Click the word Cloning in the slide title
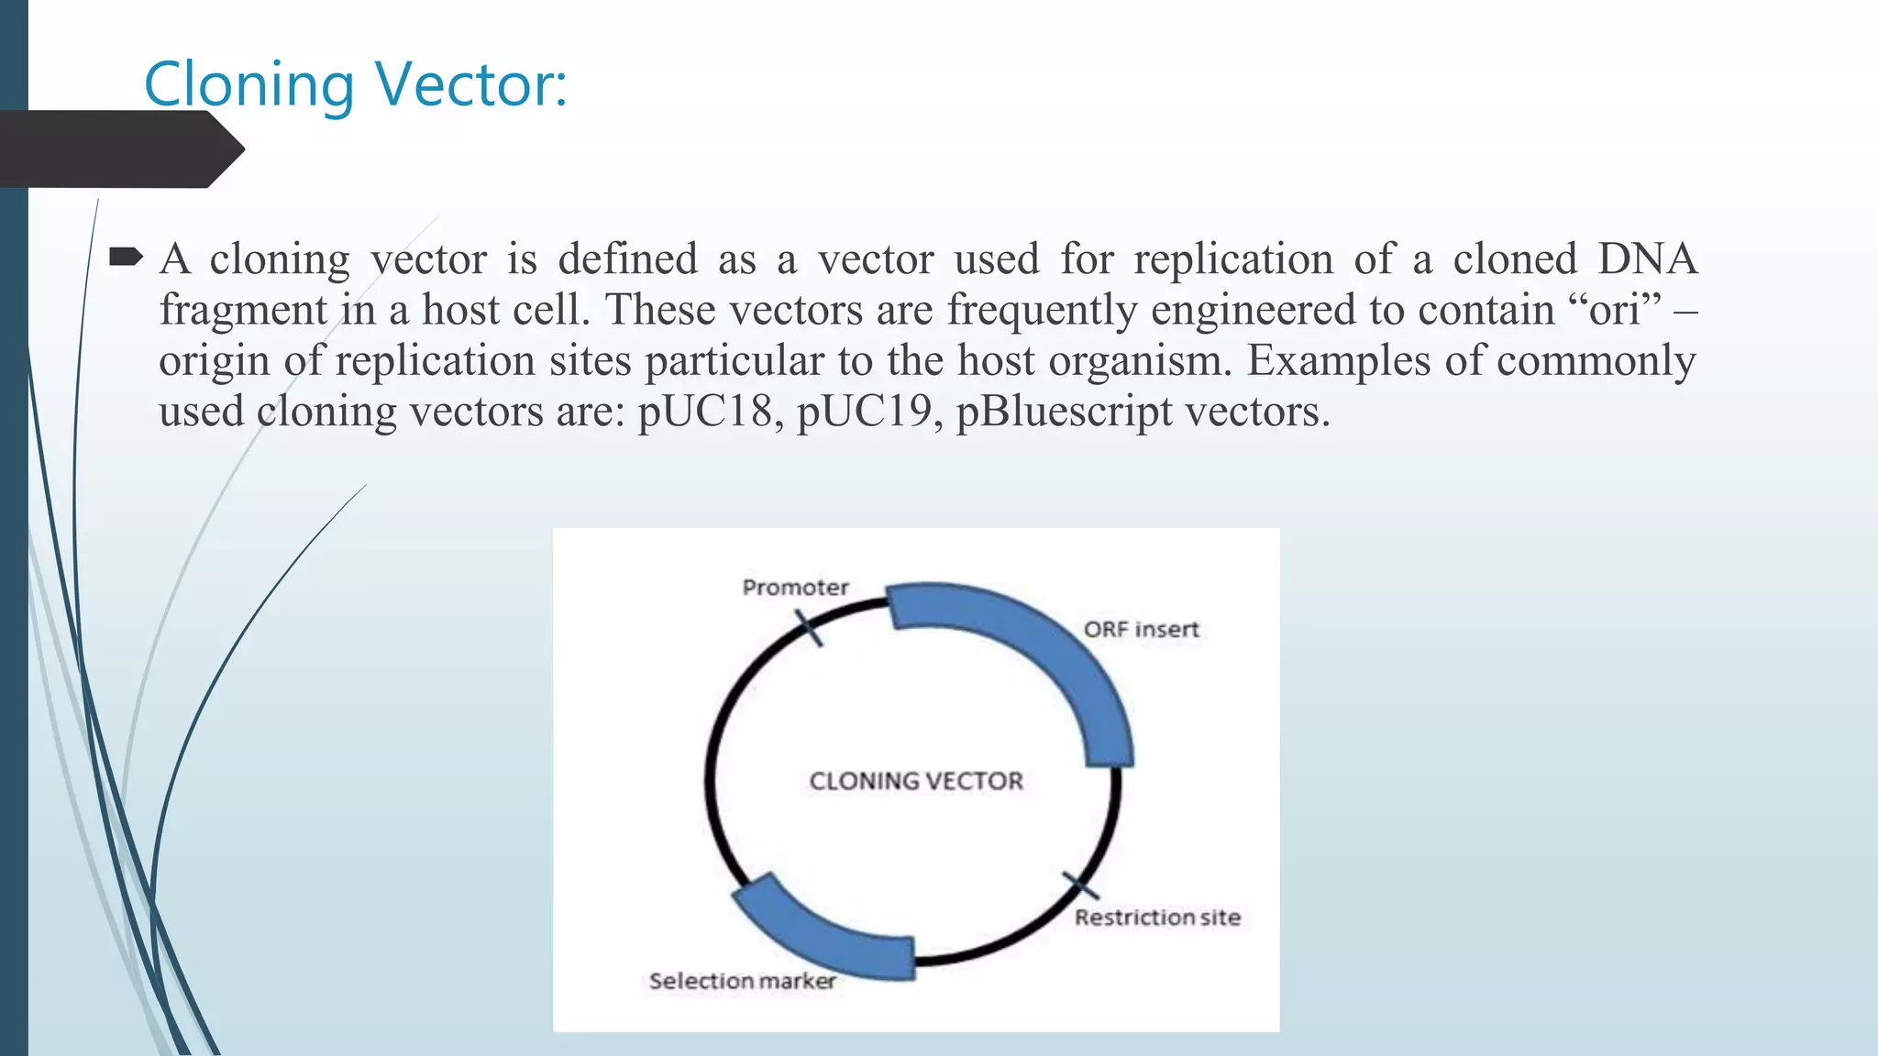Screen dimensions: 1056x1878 249,84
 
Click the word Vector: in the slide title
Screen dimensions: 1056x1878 471,84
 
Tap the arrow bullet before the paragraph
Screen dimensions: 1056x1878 126,258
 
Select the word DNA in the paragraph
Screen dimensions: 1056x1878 1647,259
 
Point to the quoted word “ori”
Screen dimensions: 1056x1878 1614,310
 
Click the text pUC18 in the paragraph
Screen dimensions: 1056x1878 704,412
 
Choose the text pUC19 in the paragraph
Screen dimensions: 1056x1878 864,412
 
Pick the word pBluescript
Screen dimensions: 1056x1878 1064,412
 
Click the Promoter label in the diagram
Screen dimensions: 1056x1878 795,588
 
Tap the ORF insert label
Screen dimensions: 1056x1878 1141,630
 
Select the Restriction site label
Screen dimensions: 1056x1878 1157,918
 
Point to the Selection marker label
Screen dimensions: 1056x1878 742,981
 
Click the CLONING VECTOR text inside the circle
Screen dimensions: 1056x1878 915,781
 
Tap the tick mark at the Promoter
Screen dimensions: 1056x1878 808,628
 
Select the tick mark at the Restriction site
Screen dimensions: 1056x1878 1081,886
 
